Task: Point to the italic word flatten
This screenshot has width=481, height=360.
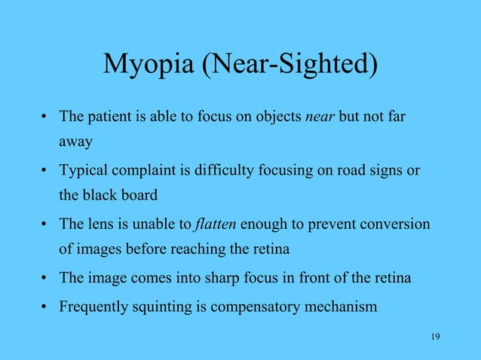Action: click(215, 224)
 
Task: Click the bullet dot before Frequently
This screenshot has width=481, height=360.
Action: click(45, 307)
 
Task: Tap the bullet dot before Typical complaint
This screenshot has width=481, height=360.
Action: click(45, 171)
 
